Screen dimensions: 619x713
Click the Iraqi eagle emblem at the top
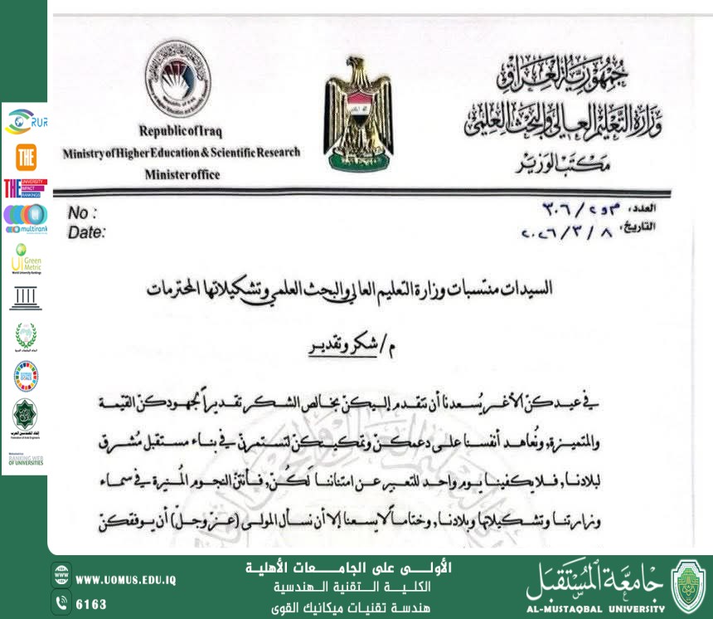pyautogui.click(x=358, y=114)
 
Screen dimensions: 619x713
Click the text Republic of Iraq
pyautogui.click(x=180, y=131)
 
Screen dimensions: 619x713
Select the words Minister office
pyautogui.click(x=182, y=175)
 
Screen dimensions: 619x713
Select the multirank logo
pyautogui.click(x=25, y=218)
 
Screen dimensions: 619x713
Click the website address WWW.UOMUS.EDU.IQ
pyautogui.click(x=125, y=580)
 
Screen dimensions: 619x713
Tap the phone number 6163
pyautogui.click(x=91, y=604)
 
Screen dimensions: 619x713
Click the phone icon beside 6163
pyautogui.click(x=61, y=603)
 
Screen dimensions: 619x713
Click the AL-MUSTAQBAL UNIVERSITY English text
pyautogui.click(x=594, y=607)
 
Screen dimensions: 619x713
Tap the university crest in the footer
pyautogui.click(x=687, y=586)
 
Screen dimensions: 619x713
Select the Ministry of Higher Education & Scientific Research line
pyautogui.click(x=182, y=153)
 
